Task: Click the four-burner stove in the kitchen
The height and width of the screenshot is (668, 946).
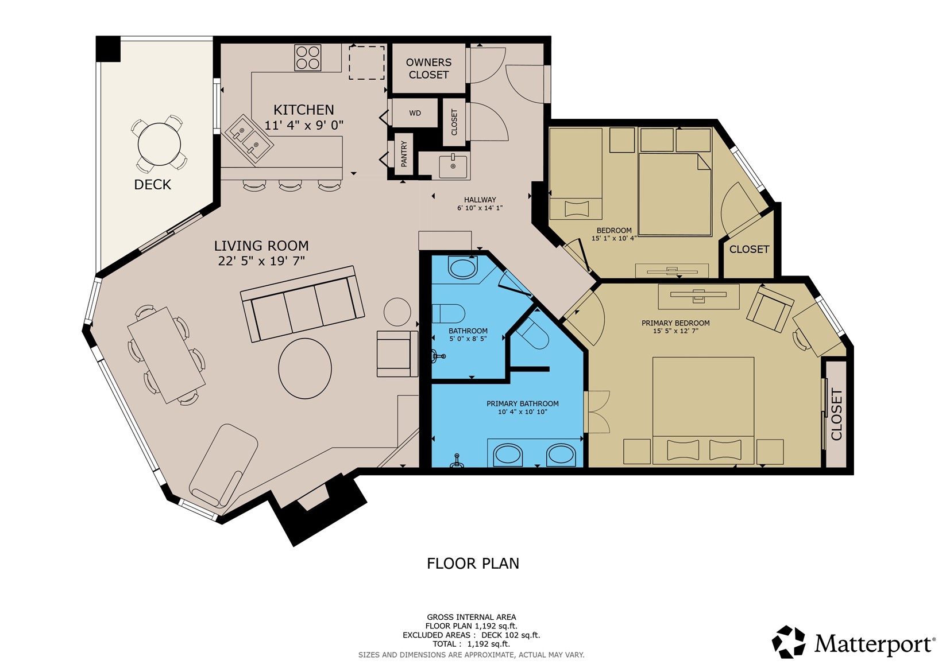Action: click(x=307, y=57)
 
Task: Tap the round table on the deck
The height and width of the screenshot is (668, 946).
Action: click(x=159, y=144)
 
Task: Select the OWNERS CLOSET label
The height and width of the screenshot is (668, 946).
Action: click(x=428, y=68)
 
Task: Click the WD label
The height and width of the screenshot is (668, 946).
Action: click(x=415, y=113)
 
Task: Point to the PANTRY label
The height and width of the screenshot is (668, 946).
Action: click(x=404, y=154)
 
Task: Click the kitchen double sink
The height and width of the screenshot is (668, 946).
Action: click(x=249, y=139)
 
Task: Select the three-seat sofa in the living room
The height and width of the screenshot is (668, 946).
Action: click(x=302, y=304)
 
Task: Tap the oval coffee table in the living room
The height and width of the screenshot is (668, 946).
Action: click(x=305, y=368)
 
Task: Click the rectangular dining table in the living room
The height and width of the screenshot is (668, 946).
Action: click(x=167, y=355)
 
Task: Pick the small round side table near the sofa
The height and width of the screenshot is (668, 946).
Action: click(x=397, y=312)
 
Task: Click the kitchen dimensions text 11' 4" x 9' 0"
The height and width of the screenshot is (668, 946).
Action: click(x=304, y=125)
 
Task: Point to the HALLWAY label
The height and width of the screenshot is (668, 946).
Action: click(x=480, y=200)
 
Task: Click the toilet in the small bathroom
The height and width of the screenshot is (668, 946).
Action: click(x=448, y=313)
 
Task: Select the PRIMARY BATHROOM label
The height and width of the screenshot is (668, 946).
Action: click(x=523, y=404)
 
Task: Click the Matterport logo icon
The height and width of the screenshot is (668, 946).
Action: click(x=788, y=642)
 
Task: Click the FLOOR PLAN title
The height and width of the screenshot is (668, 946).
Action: click(x=473, y=564)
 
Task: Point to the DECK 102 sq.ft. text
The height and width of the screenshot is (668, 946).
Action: click(x=511, y=635)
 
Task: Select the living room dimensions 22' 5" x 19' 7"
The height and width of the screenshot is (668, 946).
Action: click(x=261, y=261)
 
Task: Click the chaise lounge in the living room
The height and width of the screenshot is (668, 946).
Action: click(x=223, y=465)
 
